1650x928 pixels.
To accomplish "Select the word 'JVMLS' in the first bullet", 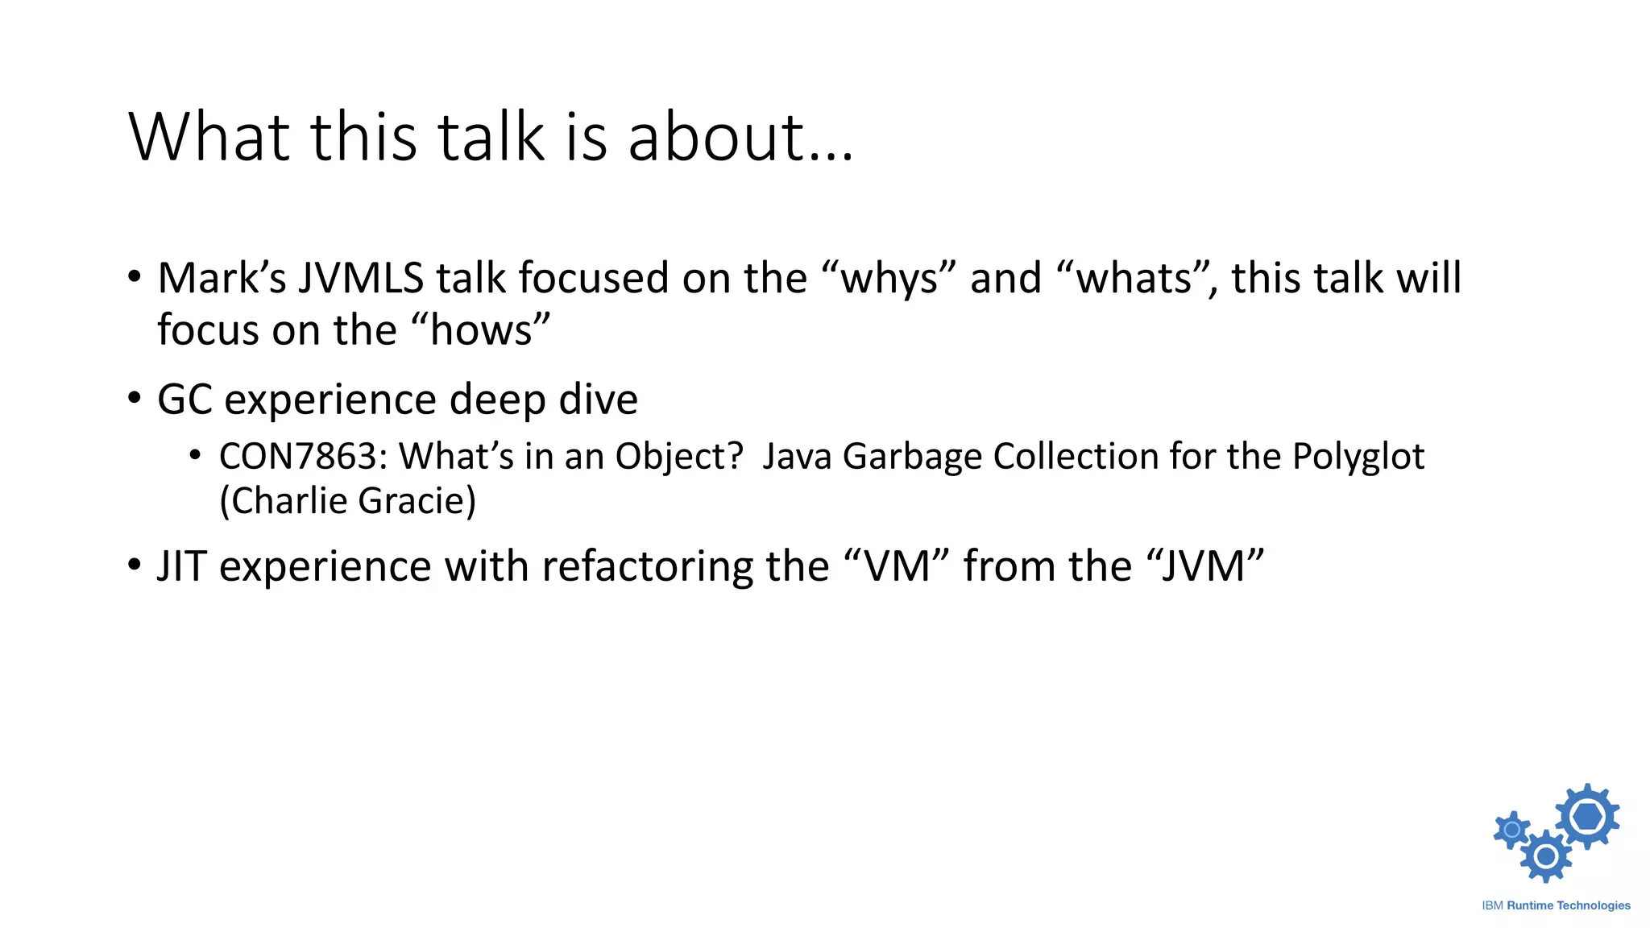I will [x=361, y=278].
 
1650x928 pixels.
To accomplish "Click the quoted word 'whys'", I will [x=889, y=280].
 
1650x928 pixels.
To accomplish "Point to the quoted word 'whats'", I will [x=1134, y=280].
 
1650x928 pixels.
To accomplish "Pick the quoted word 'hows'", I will [x=481, y=330].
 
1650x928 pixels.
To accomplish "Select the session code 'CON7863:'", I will [x=303, y=457].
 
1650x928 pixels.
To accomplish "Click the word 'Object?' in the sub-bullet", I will [x=679, y=457].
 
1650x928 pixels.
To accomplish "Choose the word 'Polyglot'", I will [x=1358, y=457].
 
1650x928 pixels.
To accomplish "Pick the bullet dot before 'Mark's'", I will [x=135, y=276].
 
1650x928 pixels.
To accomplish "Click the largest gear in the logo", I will [x=1586, y=816].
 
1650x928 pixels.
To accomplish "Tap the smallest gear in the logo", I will [x=1511, y=830].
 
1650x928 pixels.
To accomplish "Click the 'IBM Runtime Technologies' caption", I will [x=1556, y=905].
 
